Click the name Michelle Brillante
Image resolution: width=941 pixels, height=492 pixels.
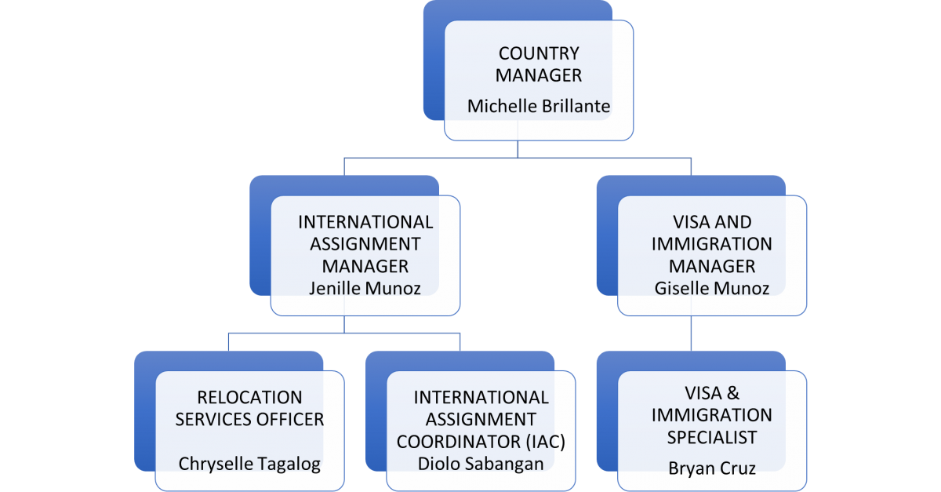coord(539,106)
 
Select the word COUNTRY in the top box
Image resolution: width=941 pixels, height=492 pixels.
coord(539,53)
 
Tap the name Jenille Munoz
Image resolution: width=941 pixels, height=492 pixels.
coord(365,289)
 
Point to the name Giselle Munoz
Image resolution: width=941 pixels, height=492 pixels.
coord(712,289)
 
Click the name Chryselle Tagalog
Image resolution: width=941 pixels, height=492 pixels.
coord(249,464)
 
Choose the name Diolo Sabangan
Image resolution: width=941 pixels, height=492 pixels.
coord(481,464)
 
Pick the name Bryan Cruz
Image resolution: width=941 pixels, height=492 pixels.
coord(712,468)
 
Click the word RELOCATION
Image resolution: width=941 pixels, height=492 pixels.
coord(249,397)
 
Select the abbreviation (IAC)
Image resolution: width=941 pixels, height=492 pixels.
coord(545,442)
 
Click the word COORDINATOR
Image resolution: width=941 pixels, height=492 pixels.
coord(459,442)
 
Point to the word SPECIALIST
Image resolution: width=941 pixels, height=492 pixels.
coord(712,438)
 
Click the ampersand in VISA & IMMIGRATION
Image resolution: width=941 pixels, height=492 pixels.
coord(733,393)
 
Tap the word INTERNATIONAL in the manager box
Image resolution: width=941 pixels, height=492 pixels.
coord(365,222)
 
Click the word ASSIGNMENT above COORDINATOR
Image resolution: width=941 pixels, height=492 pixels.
coord(481,420)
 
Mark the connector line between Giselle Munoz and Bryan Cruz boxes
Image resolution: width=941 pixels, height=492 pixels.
coord(691,333)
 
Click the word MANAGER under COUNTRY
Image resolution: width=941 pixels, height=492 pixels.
coord(539,75)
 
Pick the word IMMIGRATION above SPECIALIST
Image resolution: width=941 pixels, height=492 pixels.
coord(712,415)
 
